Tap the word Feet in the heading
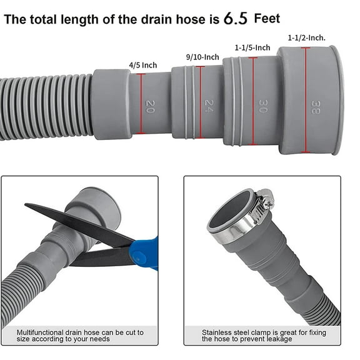pos(267,18)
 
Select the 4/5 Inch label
pos(142,64)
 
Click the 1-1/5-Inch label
pos(252,47)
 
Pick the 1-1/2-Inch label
pos(307,37)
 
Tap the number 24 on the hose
pos(208,105)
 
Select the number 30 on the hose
pos(262,104)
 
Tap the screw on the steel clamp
pos(266,202)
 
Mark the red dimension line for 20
pos(142,104)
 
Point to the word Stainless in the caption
pos(216,332)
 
